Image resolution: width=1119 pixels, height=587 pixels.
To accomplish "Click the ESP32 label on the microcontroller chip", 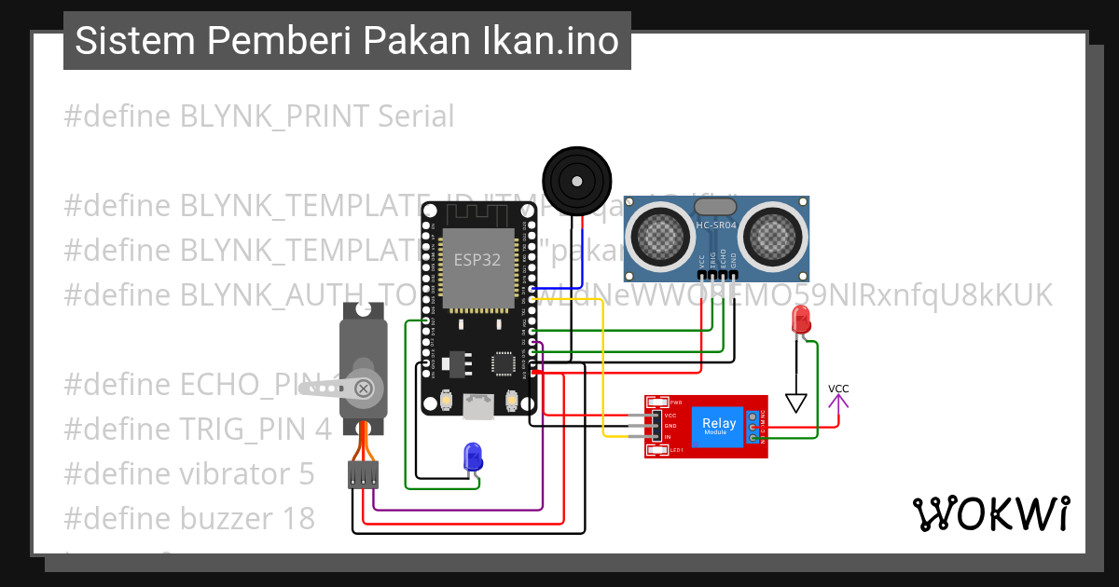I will (x=477, y=260).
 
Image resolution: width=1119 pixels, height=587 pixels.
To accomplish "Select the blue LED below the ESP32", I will (x=473, y=457).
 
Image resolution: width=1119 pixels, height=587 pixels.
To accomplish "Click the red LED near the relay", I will (x=800, y=320).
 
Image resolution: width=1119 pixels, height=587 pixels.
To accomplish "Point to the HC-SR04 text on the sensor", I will (x=716, y=225).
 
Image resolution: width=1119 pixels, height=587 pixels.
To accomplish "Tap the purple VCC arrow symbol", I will (x=839, y=403).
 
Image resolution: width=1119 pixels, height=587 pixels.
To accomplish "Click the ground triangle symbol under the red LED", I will (x=795, y=403).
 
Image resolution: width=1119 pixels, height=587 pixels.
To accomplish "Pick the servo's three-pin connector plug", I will (x=364, y=475).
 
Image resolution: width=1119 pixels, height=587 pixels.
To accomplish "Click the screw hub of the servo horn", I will (x=365, y=387).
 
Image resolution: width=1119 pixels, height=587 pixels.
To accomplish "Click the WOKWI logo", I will (x=990, y=514).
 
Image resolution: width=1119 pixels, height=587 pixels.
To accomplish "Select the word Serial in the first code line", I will (x=416, y=116).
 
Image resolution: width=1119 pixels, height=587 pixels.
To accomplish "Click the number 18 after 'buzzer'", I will (x=297, y=518).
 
